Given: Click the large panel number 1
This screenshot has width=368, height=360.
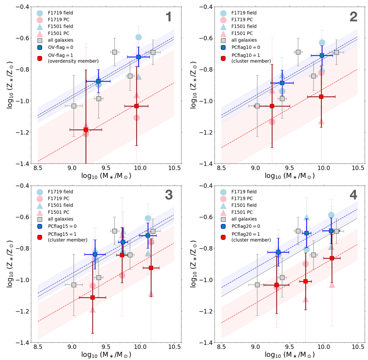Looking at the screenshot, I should click(168, 17).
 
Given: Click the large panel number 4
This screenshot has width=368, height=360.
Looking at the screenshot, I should click(353, 195).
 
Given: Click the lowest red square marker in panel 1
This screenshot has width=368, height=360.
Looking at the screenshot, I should click(86, 130).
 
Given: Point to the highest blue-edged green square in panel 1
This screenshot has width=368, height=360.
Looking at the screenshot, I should click(138, 57).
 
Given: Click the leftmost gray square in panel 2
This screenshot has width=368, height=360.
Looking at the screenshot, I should click(257, 106).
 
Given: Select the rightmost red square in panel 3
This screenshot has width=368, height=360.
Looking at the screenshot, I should click(151, 268).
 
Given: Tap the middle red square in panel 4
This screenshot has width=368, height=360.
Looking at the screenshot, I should click(305, 281).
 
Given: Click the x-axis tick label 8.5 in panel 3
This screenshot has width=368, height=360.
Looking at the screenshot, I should click(38, 347).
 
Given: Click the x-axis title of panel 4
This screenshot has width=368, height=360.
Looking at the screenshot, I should click(289, 355).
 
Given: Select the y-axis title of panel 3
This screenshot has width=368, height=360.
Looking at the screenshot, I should click(10, 264).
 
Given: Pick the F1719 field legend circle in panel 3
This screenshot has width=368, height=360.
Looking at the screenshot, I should click(40, 192).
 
